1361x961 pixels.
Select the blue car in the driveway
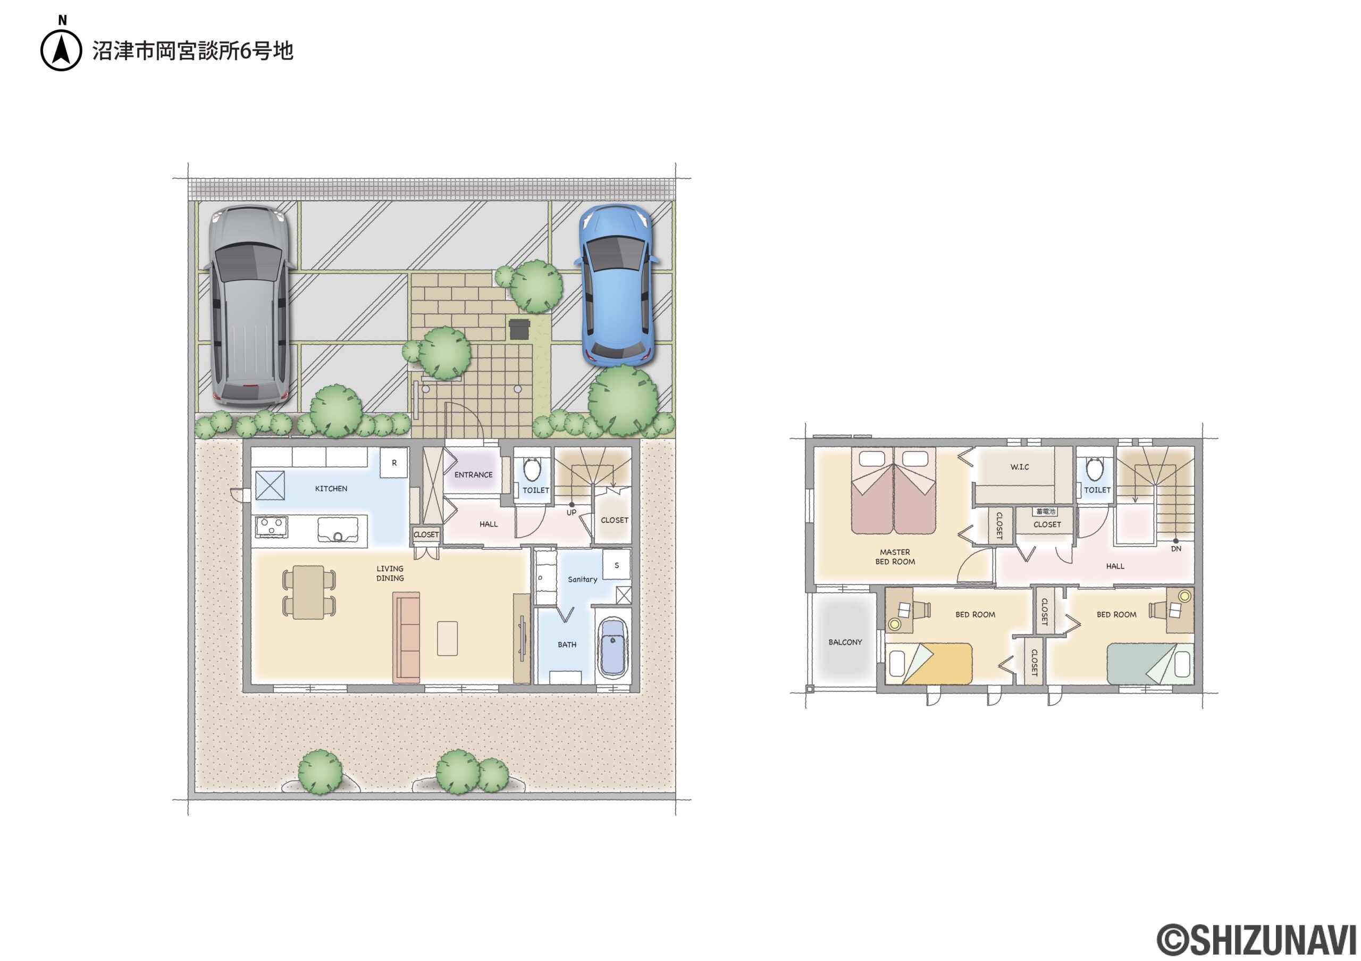tap(617, 285)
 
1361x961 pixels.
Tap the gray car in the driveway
tap(249, 306)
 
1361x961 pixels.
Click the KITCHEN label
tap(331, 489)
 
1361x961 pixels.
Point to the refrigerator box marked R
tap(393, 463)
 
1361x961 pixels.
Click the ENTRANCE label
tap(473, 475)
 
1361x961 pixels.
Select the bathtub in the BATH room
tap(613, 648)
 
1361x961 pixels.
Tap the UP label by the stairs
tap(571, 512)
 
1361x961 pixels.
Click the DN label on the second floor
tap(1176, 548)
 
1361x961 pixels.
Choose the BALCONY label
tap(845, 642)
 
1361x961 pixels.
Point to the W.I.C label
tap(1020, 467)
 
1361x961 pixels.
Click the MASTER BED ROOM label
tap(895, 557)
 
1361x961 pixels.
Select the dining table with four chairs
tap(309, 592)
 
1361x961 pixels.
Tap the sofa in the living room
tap(407, 637)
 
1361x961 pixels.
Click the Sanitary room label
tap(582, 579)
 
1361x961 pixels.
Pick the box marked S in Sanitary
tap(617, 565)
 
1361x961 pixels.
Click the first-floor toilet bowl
tap(532, 469)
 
